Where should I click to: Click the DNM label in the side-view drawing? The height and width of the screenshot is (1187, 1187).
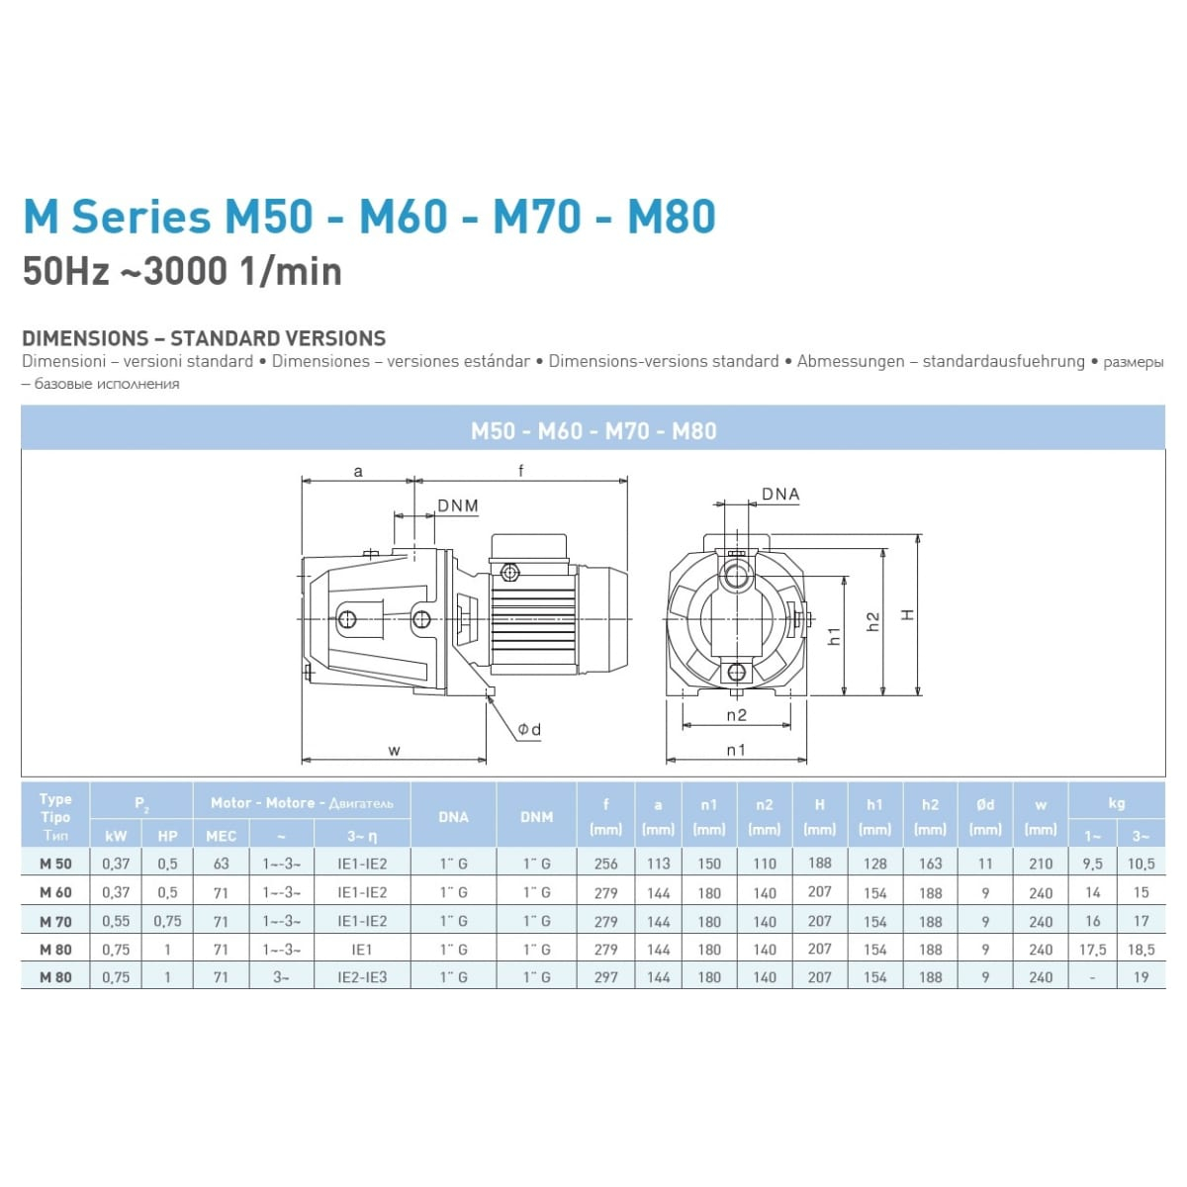coord(458,505)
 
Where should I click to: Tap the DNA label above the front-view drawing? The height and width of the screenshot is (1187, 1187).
coord(780,494)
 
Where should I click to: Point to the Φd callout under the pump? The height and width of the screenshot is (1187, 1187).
coord(529,729)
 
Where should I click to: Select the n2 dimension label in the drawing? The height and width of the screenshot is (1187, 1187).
coord(736,714)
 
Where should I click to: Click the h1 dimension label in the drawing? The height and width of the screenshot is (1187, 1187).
coord(834,636)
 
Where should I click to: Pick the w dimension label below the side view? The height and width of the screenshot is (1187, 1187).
coord(395,750)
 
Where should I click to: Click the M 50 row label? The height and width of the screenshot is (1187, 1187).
coord(55,864)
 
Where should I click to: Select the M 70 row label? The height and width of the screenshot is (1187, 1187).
coord(55,922)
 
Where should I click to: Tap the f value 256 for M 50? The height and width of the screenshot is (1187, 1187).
coord(605,864)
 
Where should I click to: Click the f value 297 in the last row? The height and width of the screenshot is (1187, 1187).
coord(605,977)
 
